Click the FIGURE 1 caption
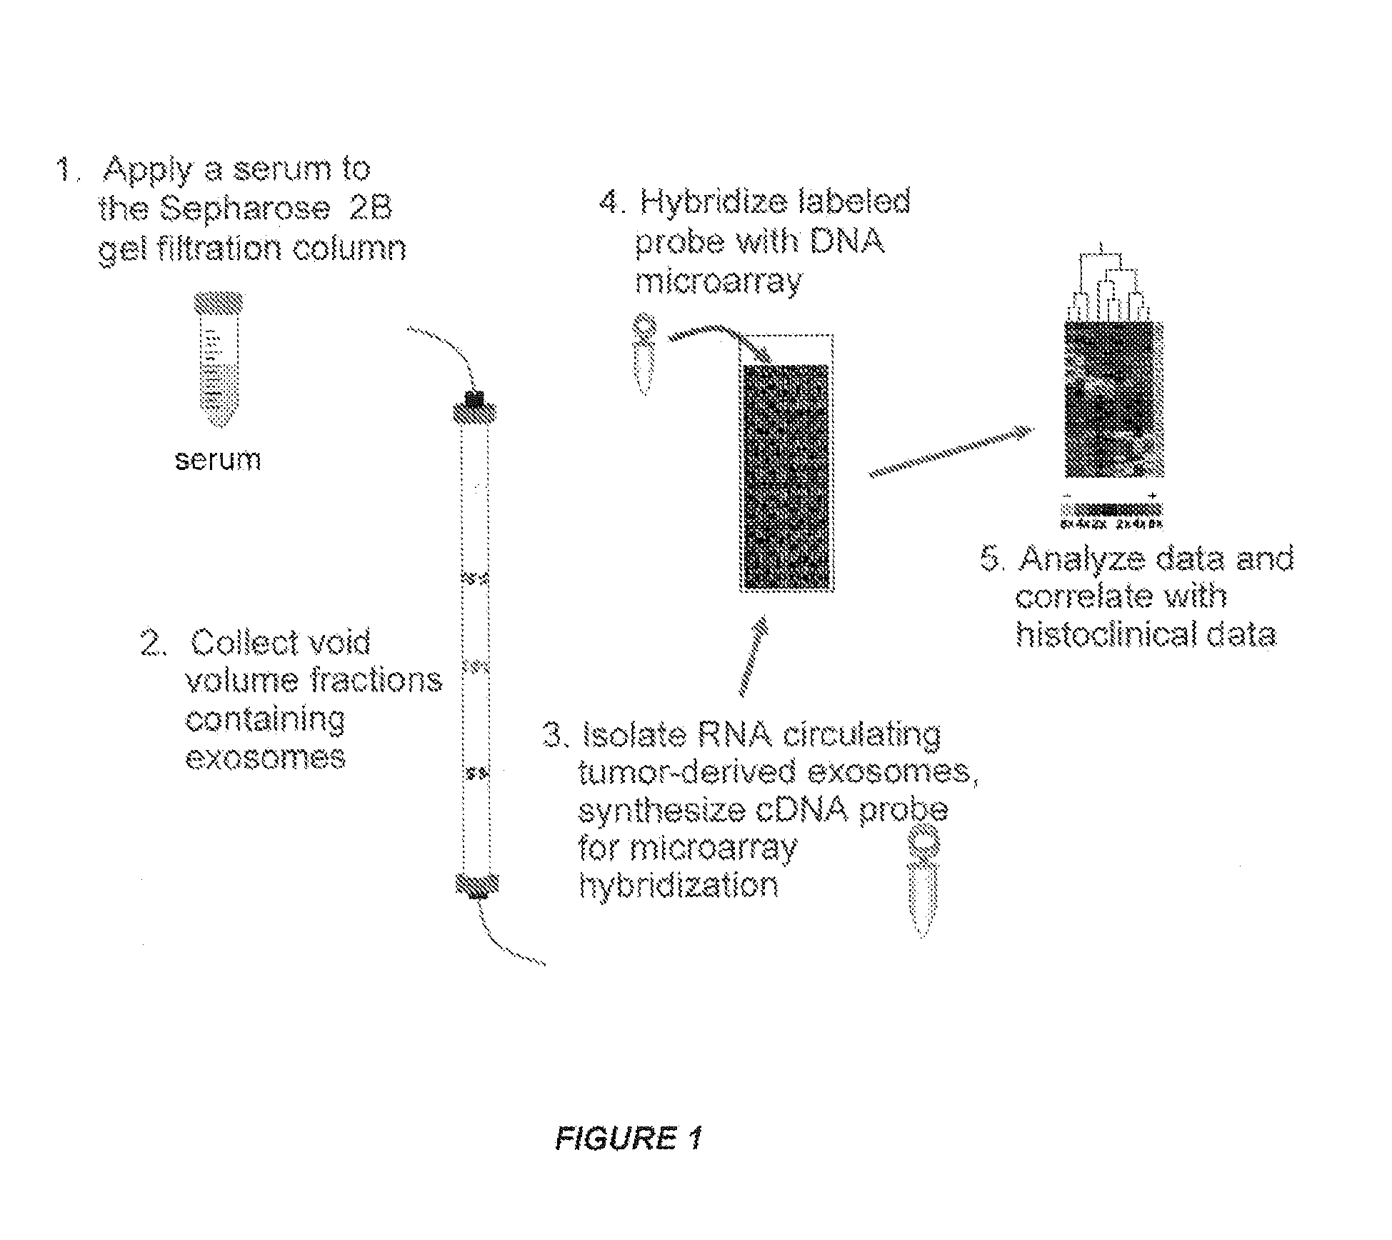click(629, 1137)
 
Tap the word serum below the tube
click(218, 459)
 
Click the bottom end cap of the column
click(476, 885)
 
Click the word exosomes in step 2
click(265, 756)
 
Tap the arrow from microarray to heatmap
click(950, 451)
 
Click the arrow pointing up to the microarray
click(752, 656)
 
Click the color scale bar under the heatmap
click(1111, 510)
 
